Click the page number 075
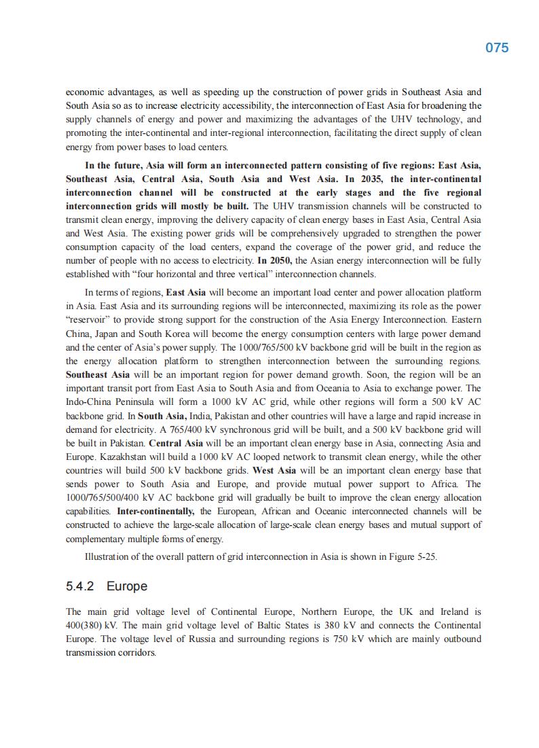click(x=497, y=48)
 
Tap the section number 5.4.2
click(x=80, y=586)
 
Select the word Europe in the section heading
click(x=127, y=586)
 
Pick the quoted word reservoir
click(x=88, y=319)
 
